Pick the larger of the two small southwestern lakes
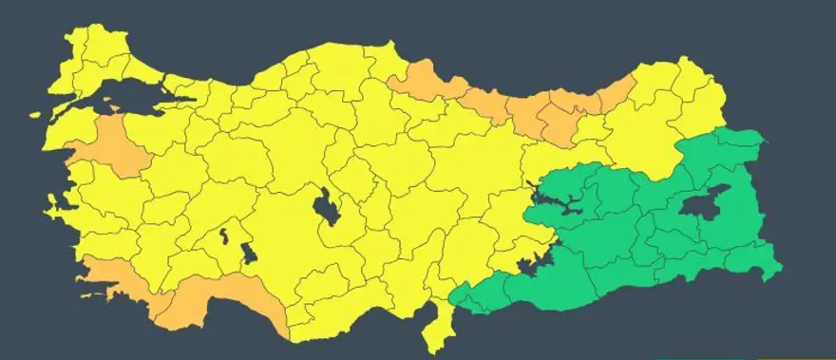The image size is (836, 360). [249, 254]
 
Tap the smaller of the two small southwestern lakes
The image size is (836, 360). [225, 234]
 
